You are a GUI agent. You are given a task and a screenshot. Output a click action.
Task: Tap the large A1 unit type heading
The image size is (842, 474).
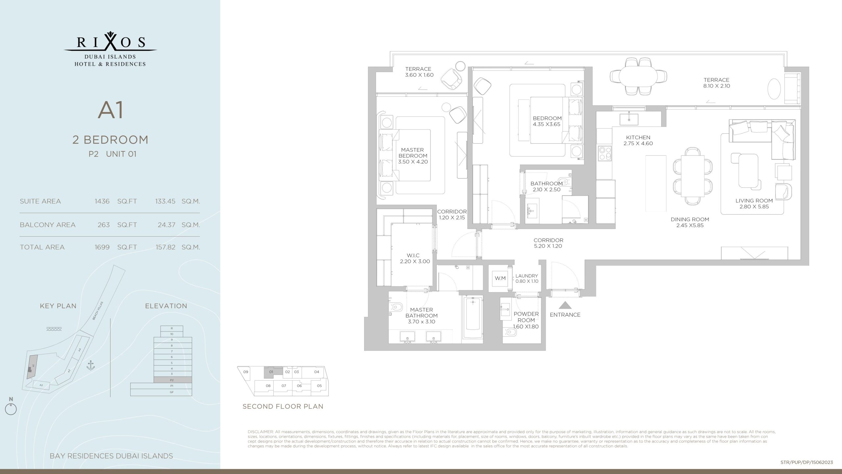pos(111,110)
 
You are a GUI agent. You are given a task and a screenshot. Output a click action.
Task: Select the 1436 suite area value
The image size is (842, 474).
pos(102,201)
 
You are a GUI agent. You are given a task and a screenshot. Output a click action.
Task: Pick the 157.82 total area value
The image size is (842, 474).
pos(165,247)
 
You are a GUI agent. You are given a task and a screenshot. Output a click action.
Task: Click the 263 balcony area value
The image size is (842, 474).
pos(103,225)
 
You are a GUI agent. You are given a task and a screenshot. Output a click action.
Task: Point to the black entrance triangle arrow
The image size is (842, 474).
pos(565,305)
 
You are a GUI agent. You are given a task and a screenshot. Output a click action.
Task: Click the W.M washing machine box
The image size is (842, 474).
pos(500,278)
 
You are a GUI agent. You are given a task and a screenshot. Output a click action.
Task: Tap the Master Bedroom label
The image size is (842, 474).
pos(412,156)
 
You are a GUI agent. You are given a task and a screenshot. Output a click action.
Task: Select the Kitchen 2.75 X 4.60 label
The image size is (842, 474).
pos(638,140)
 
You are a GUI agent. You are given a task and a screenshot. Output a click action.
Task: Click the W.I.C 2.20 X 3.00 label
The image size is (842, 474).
pos(414,258)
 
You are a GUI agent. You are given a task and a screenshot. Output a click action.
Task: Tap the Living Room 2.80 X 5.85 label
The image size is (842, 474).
pos(754,203)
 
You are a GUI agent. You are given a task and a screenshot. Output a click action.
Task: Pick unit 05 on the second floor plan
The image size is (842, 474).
pos(319,386)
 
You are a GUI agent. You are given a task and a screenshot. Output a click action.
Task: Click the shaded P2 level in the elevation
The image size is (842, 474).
pos(172,380)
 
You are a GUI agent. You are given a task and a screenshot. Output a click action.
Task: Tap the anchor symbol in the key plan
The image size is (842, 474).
pos(90,365)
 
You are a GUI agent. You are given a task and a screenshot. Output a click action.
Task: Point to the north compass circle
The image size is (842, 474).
pos(11,409)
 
